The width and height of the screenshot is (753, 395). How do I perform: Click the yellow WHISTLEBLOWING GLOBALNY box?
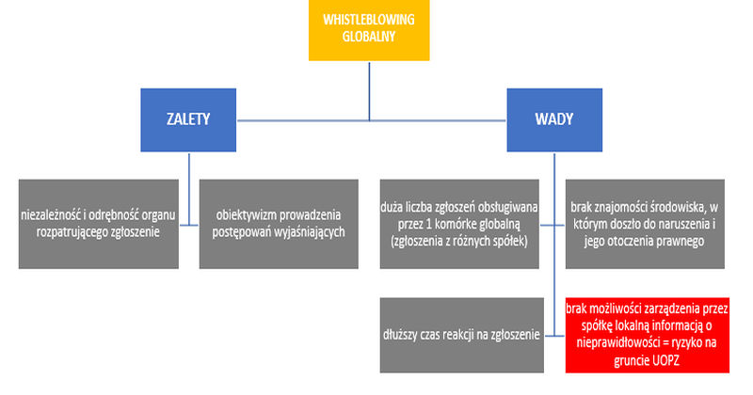(369, 30)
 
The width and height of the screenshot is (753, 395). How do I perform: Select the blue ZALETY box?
(188, 120)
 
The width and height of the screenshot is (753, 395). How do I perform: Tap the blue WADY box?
(554, 120)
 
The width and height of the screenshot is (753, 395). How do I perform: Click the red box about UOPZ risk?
(647, 335)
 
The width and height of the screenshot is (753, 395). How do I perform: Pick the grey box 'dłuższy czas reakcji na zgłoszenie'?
(461, 335)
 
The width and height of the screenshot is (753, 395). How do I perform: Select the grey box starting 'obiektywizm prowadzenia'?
(279, 224)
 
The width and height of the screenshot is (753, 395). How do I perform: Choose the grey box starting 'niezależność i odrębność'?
(99, 224)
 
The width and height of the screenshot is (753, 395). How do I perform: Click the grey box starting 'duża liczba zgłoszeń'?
(459, 224)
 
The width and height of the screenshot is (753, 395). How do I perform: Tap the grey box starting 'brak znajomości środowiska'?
(645, 224)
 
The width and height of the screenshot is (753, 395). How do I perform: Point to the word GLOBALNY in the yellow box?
(369, 37)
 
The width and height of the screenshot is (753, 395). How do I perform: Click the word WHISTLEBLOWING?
(369, 20)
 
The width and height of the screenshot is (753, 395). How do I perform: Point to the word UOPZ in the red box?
(665, 360)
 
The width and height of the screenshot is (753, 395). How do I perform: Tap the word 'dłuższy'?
(400, 335)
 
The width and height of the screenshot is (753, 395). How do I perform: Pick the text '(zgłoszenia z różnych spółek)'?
(459, 241)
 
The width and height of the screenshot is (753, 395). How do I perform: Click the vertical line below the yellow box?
(369, 91)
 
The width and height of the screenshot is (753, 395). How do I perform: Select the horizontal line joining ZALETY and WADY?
(372, 120)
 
